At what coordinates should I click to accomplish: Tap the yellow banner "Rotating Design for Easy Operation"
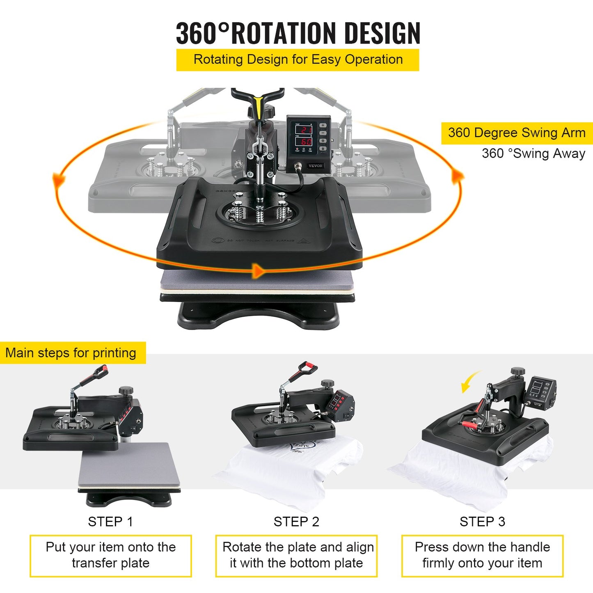[298, 60]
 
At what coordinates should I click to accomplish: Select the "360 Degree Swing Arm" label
[517, 133]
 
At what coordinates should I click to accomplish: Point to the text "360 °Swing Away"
[533, 153]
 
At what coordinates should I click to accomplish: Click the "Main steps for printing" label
[71, 353]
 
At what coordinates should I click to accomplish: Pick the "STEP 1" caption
[110, 522]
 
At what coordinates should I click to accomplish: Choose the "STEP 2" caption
[296, 522]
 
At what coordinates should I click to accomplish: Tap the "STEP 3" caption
[482, 522]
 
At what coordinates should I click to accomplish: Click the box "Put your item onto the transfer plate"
[110, 555]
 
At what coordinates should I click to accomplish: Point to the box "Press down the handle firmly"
[482, 555]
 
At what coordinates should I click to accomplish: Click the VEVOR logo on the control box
[315, 166]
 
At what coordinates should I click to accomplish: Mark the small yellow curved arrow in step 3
[470, 380]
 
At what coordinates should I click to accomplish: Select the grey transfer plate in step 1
[129, 465]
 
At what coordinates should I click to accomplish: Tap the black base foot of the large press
[259, 316]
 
